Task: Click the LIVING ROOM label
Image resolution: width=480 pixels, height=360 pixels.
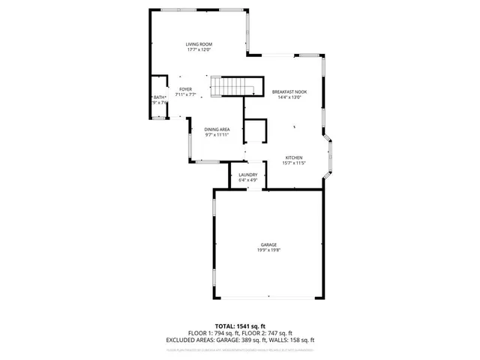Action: pos(199,44)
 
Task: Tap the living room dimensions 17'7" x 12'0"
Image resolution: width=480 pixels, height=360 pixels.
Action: pos(199,50)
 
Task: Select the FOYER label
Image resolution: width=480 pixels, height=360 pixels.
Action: pos(185,89)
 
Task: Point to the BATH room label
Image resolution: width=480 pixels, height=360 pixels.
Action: pos(159,97)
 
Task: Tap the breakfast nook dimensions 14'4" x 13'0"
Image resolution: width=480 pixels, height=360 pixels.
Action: pos(289,97)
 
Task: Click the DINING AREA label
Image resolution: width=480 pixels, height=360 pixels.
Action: pos(217,130)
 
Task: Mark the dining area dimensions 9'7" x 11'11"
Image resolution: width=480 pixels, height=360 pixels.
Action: pos(217,136)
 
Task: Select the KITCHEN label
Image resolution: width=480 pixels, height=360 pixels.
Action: pos(293,157)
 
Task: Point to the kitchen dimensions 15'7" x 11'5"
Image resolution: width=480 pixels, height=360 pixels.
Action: pos(293,163)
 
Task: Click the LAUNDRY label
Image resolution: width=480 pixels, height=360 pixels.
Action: pos(247,175)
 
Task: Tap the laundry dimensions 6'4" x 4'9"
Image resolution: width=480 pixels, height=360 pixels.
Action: pos(247,181)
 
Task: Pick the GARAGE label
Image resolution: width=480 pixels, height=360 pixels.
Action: pos(268,244)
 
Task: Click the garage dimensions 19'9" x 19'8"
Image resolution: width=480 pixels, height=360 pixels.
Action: pos(268,250)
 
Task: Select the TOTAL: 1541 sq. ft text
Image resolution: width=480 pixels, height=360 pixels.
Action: pos(239,326)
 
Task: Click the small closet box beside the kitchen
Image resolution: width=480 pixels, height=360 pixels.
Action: pos(256,130)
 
